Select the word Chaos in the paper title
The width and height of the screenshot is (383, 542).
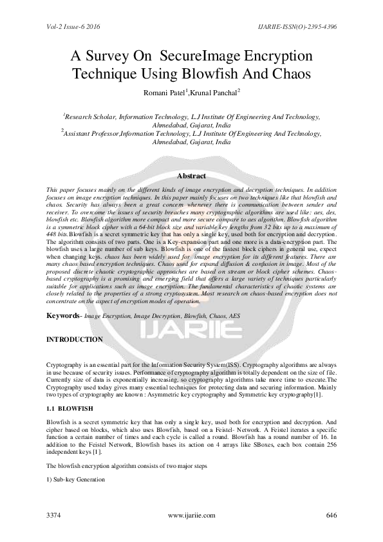coord(290,74)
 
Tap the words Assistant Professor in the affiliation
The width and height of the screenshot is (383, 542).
coord(95,133)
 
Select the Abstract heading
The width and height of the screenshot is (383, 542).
coord(191,176)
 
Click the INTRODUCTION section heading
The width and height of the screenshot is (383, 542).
coord(74,339)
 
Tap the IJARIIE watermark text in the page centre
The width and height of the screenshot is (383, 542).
coord(191,332)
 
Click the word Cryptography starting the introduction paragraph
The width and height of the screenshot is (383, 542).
coord(63,364)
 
